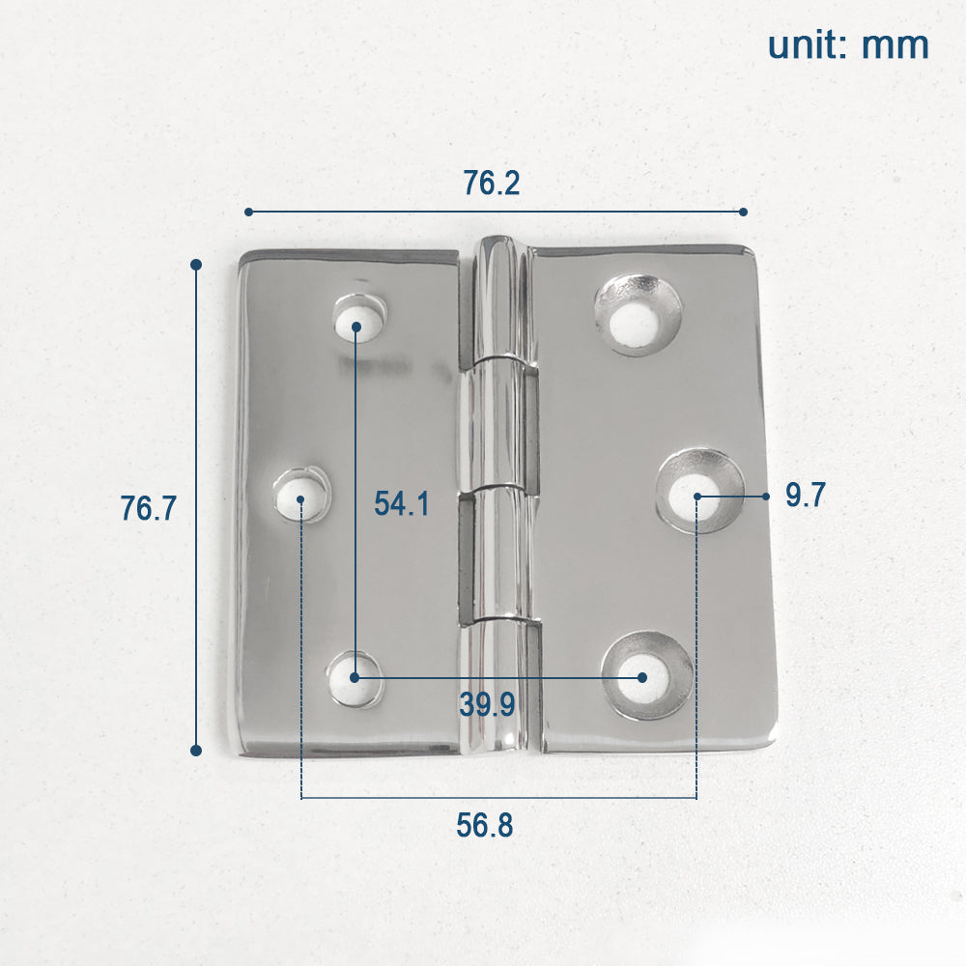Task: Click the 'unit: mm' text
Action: tap(848, 45)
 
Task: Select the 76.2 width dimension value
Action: tap(491, 183)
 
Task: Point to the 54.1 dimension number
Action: tap(402, 503)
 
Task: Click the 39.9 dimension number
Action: tap(487, 705)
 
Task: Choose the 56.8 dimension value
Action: tap(485, 826)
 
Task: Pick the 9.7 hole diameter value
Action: tap(805, 496)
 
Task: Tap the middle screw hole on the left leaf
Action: tap(299, 495)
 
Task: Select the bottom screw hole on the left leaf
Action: tap(355, 678)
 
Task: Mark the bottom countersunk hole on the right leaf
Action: tap(646, 675)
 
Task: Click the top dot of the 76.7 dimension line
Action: tap(196, 264)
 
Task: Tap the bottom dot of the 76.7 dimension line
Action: tap(196, 750)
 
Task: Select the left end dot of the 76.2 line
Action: tap(248, 211)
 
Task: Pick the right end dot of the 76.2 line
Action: tap(743, 211)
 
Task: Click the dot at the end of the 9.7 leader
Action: tap(765, 497)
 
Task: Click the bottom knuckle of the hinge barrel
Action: tap(497, 686)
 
